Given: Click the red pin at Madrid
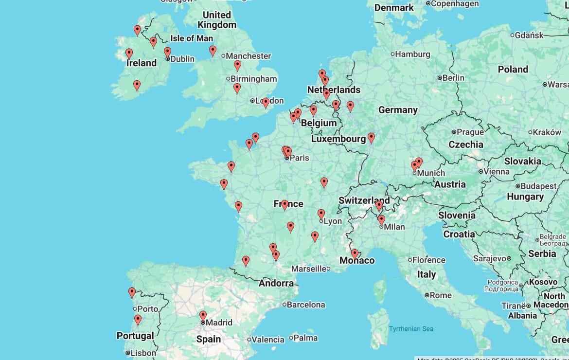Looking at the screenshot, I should (x=203, y=316).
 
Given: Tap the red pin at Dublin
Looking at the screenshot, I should (x=167, y=52).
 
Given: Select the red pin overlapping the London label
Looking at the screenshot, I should (x=266, y=103).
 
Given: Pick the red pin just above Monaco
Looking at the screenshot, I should (x=355, y=253).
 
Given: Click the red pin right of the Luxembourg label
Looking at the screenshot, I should (x=371, y=138).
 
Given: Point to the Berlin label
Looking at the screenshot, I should (x=453, y=78).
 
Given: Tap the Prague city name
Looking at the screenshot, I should (x=470, y=132).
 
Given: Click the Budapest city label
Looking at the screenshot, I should (x=538, y=186).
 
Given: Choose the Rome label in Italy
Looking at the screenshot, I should (x=441, y=295).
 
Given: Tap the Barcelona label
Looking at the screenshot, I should (x=306, y=305).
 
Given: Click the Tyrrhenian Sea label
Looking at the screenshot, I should (x=411, y=329).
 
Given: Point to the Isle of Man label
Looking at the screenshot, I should (x=192, y=38).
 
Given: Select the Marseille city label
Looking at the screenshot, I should (x=308, y=269).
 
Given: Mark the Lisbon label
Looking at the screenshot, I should (x=143, y=353).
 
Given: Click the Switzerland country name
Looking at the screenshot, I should (x=364, y=200).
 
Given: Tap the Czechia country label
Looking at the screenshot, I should (x=466, y=144).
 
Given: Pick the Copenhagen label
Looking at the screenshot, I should (x=455, y=4).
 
